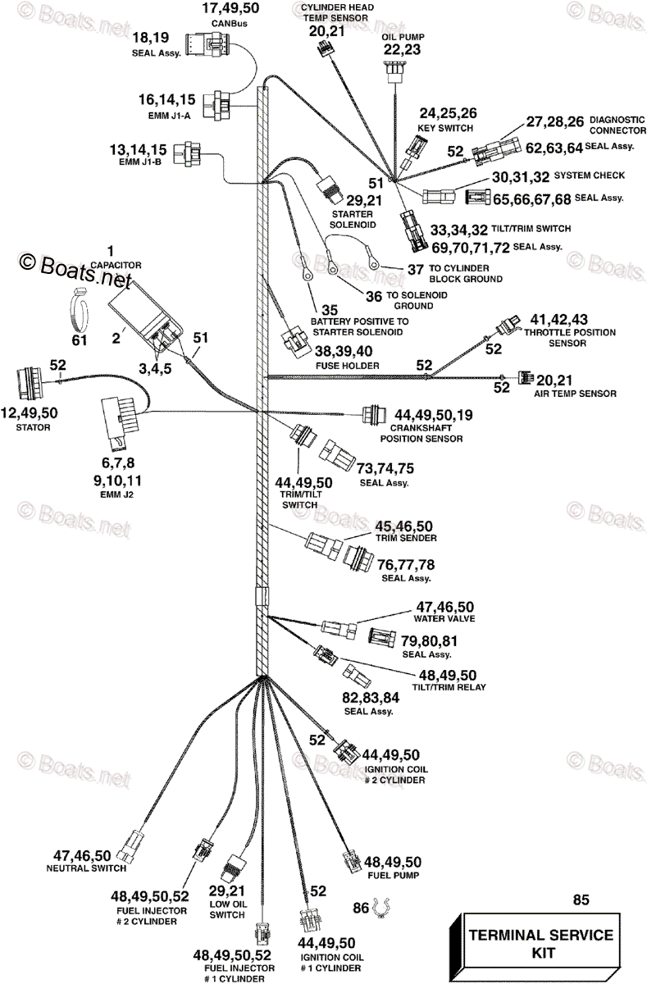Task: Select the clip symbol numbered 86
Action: coord(379,908)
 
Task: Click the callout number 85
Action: coord(581,900)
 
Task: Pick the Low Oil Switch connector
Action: coord(235,863)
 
